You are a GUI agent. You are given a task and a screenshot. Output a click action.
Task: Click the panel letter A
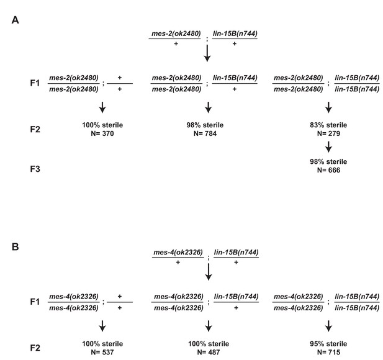pyautogui.click(x=15, y=20)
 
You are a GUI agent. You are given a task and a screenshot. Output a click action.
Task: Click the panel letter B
pyautogui.click(x=15, y=247)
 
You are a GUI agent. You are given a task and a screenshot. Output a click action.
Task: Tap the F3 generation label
pyautogui.click(x=35, y=169)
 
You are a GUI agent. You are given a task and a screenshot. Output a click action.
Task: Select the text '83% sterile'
pyautogui.click(x=328, y=125)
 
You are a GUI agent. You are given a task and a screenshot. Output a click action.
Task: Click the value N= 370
pyautogui.click(x=102, y=133)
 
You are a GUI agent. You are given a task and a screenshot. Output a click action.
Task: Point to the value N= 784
pyautogui.click(x=205, y=133)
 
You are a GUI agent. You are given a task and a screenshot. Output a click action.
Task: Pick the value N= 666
pyautogui.click(x=328, y=170)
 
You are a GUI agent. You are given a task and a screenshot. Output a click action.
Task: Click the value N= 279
pyautogui.click(x=328, y=133)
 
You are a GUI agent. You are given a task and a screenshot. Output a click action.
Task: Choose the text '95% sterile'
pyautogui.click(x=328, y=344)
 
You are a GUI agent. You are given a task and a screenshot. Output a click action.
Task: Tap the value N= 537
pyautogui.click(x=102, y=352)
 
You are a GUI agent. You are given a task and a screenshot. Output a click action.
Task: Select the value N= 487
pyautogui.click(x=209, y=352)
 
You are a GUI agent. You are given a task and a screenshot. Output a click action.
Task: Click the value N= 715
pyautogui.click(x=328, y=352)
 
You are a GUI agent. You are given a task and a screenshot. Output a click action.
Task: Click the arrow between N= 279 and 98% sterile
pyautogui.click(x=328, y=146)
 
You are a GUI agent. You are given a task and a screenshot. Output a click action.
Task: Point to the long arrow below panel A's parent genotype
pyautogui.click(x=207, y=53)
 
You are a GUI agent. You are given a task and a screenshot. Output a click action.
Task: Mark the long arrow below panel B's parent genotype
pyautogui.click(x=209, y=272)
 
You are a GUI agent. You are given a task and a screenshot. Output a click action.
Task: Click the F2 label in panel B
pyautogui.click(x=35, y=348)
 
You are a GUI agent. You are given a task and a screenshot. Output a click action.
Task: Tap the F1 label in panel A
pyautogui.click(x=35, y=83)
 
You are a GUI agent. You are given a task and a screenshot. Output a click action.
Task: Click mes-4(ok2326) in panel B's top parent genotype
pyautogui.click(x=178, y=252)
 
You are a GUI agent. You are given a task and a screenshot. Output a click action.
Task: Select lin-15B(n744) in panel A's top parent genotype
pyautogui.click(x=235, y=34)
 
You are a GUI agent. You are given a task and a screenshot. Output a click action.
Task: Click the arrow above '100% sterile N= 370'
pyautogui.click(x=102, y=107)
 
